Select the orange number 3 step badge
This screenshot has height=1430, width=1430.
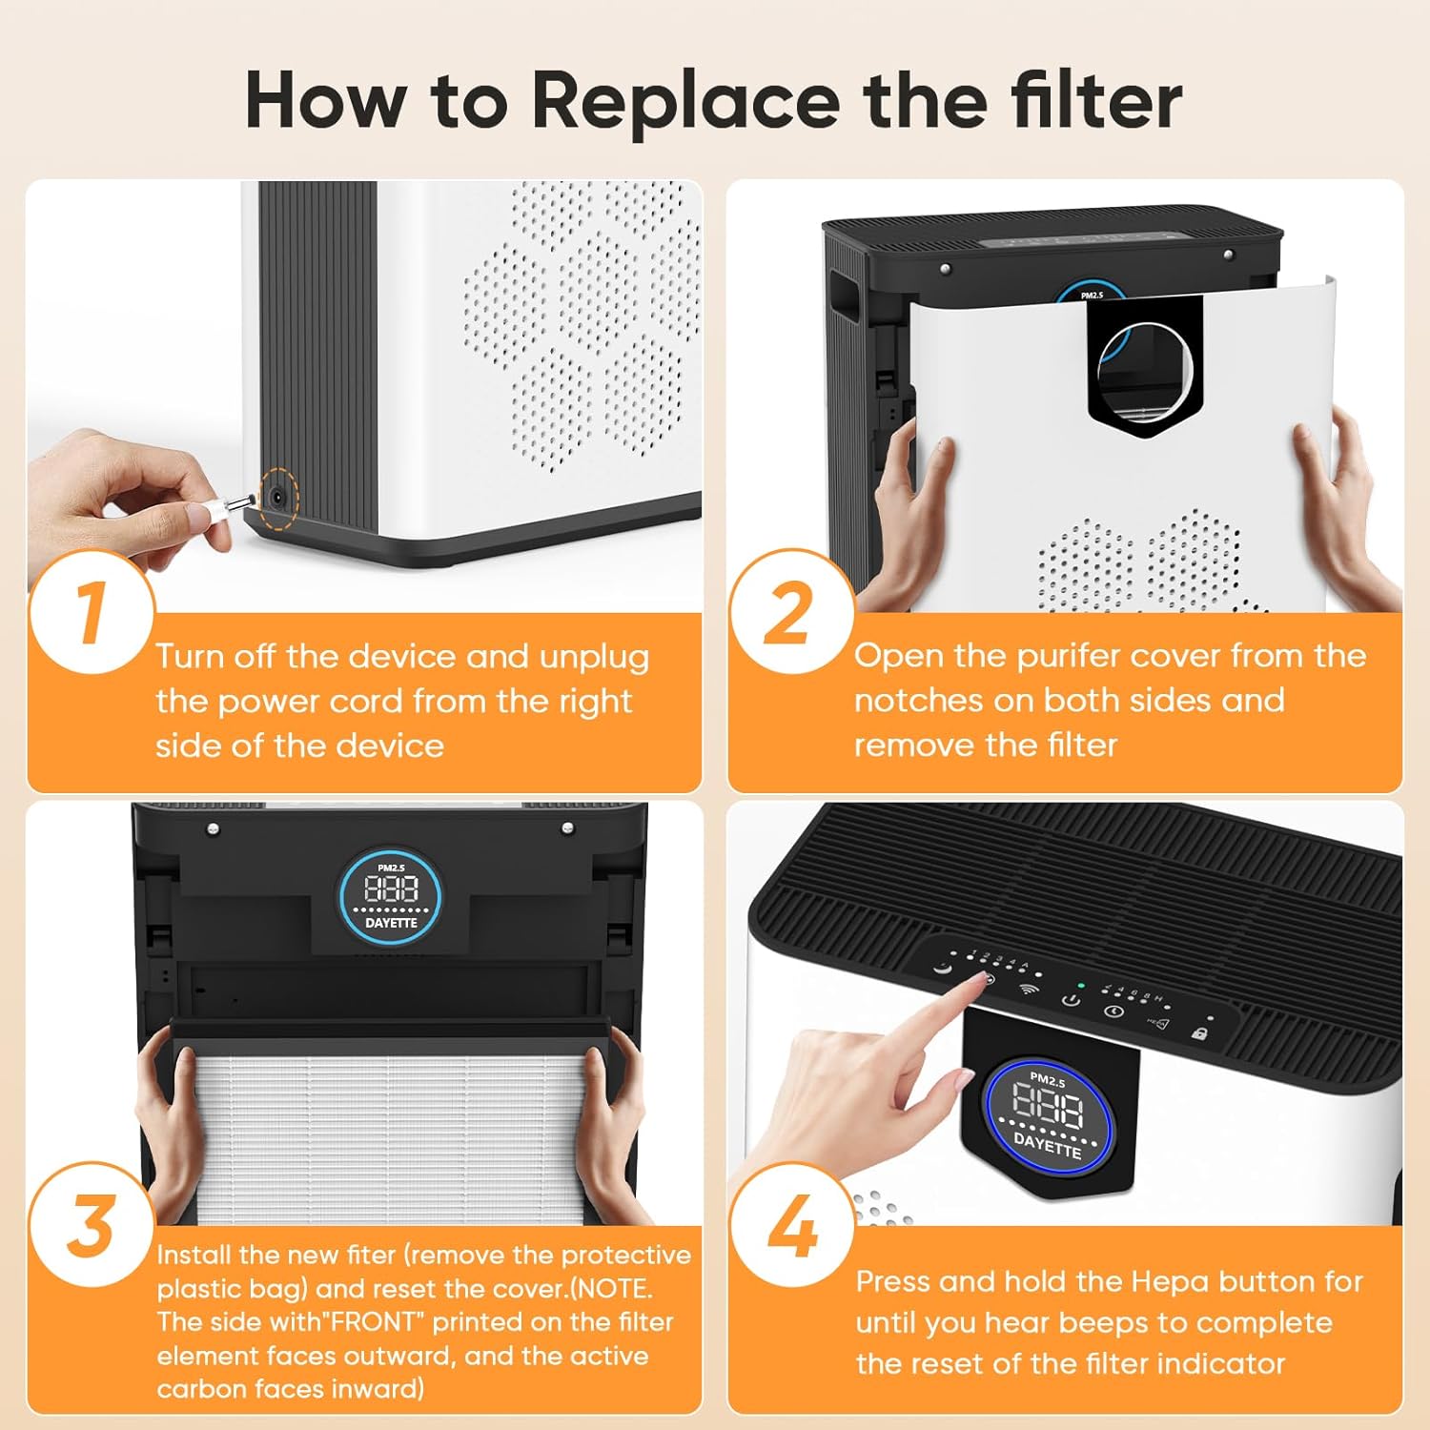pyautogui.click(x=91, y=1225)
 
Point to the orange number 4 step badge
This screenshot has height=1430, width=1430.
pyautogui.click(x=791, y=1225)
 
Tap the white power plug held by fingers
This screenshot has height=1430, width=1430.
pyautogui.click(x=214, y=511)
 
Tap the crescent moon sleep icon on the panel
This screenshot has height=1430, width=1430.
pyautogui.click(x=942, y=969)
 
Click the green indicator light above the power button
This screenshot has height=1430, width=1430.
pyautogui.click(x=1080, y=985)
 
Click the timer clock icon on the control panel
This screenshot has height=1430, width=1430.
pyautogui.click(x=1113, y=1011)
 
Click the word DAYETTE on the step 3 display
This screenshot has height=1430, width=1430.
pyautogui.click(x=391, y=923)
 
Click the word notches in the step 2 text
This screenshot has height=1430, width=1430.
pyautogui.click(x=918, y=701)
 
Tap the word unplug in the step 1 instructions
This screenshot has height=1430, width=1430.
pyautogui.click(x=593, y=657)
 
